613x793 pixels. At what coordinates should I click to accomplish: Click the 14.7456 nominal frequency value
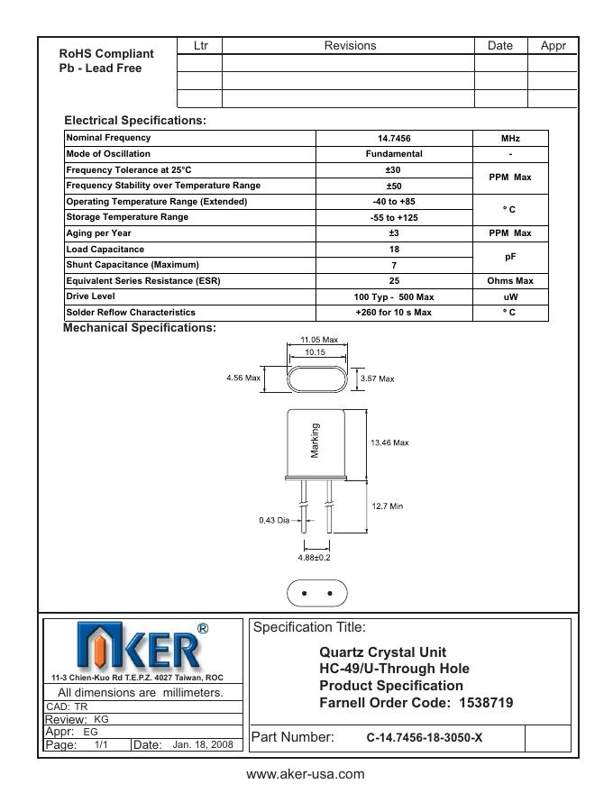[394, 139]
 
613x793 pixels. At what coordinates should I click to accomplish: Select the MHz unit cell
[510, 139]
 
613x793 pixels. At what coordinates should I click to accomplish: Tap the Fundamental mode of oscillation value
[394, 154]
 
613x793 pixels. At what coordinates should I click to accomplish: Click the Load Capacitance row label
[105, 250]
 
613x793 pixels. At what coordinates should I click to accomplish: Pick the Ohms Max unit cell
[510, 281]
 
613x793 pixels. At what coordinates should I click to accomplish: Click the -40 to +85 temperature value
[394, 202]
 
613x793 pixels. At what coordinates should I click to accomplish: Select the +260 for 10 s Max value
[394, 313]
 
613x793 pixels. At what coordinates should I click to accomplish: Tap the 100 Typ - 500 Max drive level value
[394, 296]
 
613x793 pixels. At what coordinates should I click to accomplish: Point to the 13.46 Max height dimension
[389, 442]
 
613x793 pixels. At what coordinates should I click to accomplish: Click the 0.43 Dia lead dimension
[275, 520]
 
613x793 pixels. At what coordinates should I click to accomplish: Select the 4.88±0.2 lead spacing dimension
[315, 558]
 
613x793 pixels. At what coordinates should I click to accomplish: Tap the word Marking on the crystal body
[316, 441]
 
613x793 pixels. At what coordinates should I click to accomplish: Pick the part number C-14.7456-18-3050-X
[424, 737]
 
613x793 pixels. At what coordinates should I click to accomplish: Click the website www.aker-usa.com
[306, 774]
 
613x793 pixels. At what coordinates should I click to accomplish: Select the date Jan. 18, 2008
[203, 745]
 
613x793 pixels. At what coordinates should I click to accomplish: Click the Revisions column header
[350, 46]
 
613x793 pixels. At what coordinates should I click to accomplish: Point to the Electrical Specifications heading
[135, 121]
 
